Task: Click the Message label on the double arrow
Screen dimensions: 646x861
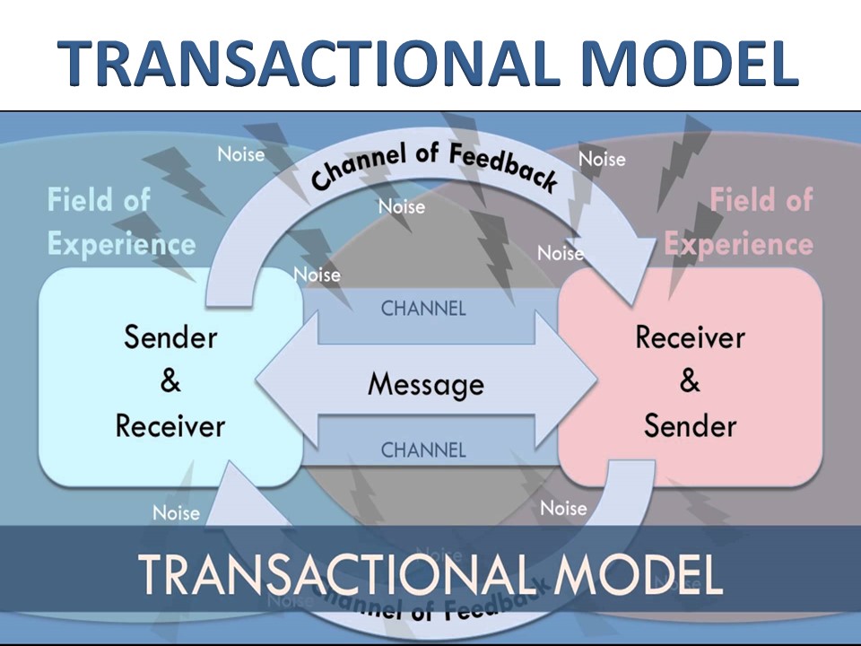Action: pyautogui.click(x=425, y=385)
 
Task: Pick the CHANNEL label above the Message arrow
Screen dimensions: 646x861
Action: pyautogui.click(x=423, y=309)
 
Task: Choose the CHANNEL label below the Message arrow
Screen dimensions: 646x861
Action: pyautogui.click(x=423, y=450)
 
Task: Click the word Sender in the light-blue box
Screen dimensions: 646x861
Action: pyautogui.click(x=170, y=337)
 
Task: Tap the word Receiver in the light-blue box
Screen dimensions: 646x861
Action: pyautogui.click(x=170, y=425)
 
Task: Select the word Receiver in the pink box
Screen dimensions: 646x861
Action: pyautogui.click(x=690, y=337)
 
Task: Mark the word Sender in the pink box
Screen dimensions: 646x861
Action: pyautogui.click(x=690, y=425)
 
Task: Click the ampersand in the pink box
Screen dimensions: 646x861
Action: pyautogui.click(x=690, y=381)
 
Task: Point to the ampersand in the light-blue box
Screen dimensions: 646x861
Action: pyautogui.click(x=170, y=381)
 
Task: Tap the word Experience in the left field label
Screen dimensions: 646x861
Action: pyautogui.click(x=121, y=243)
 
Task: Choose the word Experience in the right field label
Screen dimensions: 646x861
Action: pyautogui.click(x=739, y=243)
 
